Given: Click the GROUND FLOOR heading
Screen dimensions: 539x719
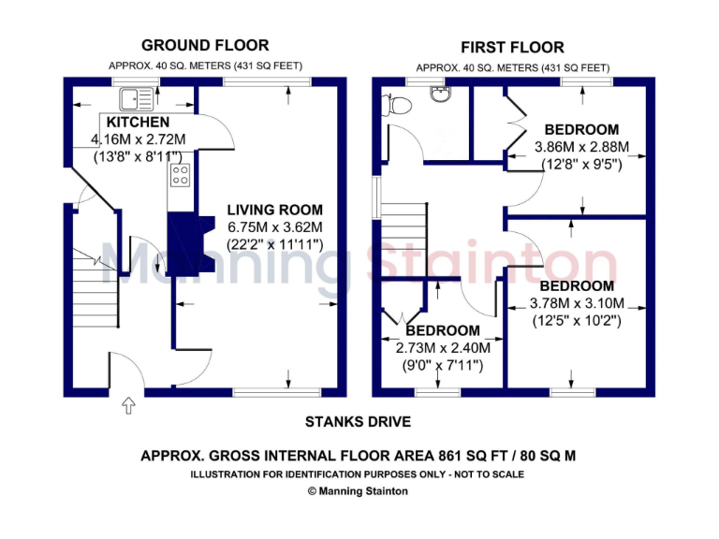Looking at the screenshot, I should (204, 45).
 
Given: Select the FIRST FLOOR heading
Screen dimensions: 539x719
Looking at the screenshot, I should (512, 47).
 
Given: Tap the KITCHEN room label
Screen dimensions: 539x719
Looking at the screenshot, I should (138, 123).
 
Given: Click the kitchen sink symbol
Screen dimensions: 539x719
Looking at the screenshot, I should (137, 95).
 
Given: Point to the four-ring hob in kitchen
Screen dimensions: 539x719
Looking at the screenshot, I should (180, 174).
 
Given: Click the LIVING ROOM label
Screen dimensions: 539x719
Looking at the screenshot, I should (275, 211).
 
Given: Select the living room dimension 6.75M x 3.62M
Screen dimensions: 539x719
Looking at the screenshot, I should (275, 227).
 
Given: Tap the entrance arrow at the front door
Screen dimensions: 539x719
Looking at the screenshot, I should (128, 405).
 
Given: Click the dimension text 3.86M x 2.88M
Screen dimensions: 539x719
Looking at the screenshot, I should (581, 147).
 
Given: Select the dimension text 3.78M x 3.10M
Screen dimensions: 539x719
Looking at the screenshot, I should (576, 303).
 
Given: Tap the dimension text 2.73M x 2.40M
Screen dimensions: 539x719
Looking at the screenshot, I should (443, 347).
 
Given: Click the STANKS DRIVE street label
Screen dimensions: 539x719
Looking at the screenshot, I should (358, 422).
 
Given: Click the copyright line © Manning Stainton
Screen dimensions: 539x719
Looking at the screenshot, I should (358, 491).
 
